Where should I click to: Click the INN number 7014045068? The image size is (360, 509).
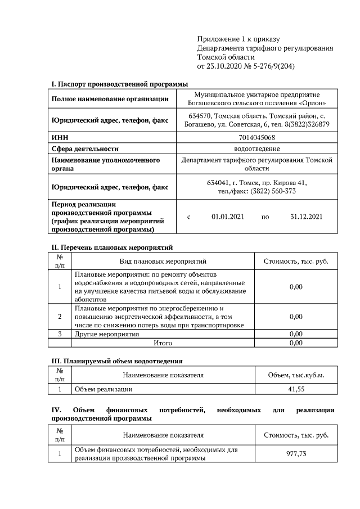(256, 137)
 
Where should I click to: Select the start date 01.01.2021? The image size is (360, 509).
(227, 217)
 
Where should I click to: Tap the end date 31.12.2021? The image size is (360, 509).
(306, 217)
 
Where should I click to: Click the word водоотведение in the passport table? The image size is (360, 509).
(256, 148)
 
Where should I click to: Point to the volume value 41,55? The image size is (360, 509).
(296, 389)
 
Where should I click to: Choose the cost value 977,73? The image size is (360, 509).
(296, 454)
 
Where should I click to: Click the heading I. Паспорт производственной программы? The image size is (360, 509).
(120, 84)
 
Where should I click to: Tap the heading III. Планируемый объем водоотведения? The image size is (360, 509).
(117, 361)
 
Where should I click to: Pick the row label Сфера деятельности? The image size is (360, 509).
(85, 148)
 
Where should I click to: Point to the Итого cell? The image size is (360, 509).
(163, 342)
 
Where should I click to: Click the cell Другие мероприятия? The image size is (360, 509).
(107, 334)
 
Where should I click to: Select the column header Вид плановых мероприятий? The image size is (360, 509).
(163, 262)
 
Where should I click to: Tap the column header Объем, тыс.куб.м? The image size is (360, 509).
(296, 375)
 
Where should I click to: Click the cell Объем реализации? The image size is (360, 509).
(103, 389)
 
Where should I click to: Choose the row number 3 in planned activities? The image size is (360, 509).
(60, 334)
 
